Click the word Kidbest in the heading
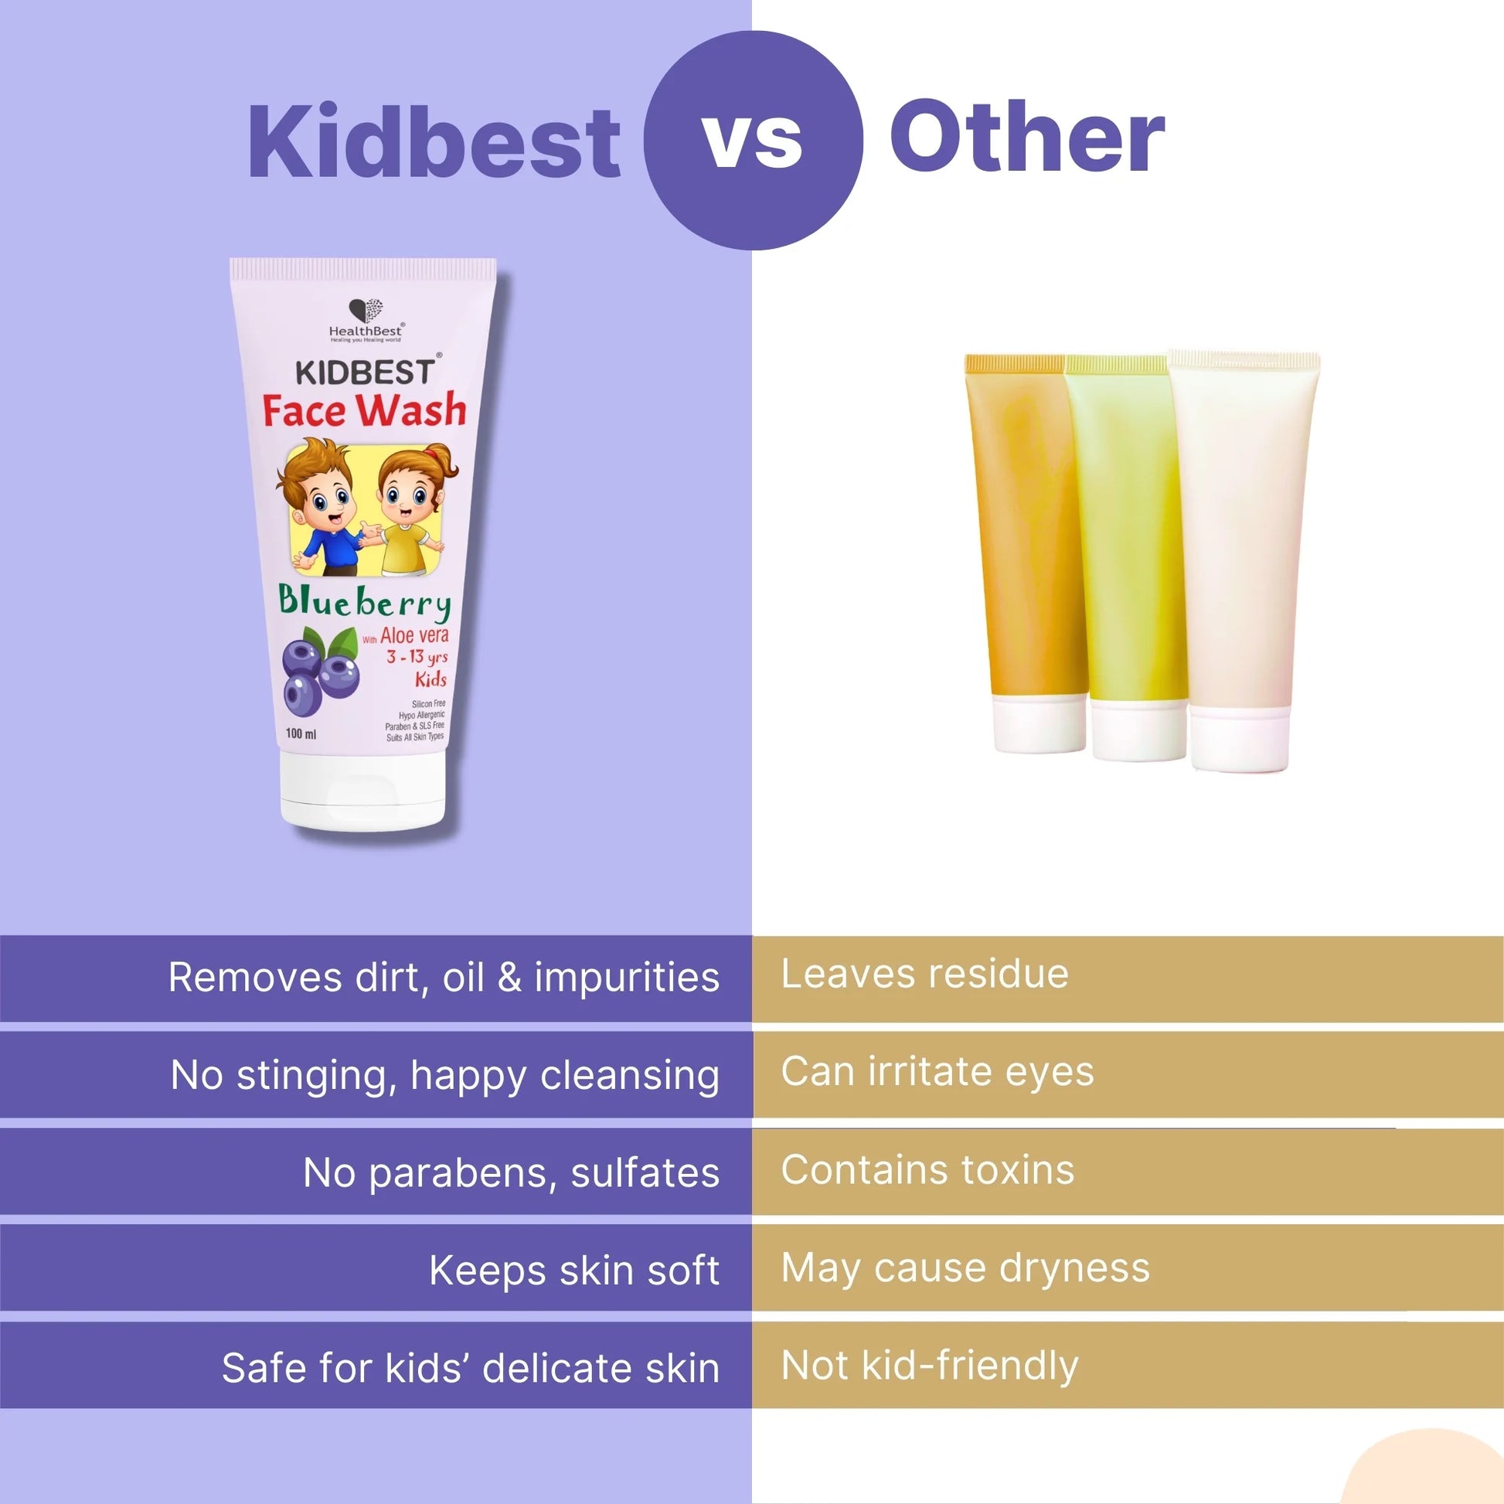(434, 142)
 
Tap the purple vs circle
(753, 140)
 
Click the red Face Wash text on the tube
(363, 410)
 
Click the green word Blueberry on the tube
(364, 602)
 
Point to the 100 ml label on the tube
(301, 733)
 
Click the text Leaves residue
(925, 974)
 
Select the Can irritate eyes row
(937, 1072)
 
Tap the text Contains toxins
(927, 1170)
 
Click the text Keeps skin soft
(573, 1271)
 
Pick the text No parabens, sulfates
(511, 1172)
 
